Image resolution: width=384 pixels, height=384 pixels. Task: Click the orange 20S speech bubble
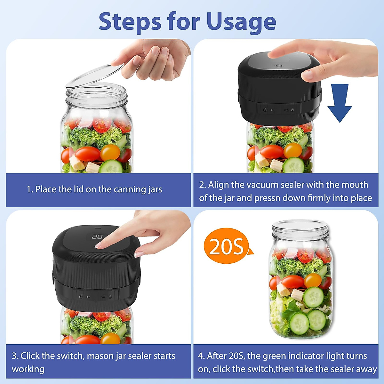pyautogui.click(x=226, y=246)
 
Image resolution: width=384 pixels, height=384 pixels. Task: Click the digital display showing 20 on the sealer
pyautogui.click(x=97, y=237)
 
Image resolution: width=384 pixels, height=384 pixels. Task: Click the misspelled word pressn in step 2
pyautogui.click(x=267, y=198)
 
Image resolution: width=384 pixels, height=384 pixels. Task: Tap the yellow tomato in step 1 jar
pyautogui.click(x=110, y=152)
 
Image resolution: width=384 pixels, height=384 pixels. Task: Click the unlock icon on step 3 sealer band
pyautogui.click(x=81, y=297)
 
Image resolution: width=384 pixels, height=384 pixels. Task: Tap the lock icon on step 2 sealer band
pyautogui.click(x=292, y=110)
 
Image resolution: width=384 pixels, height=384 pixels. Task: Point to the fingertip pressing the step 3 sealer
pyautogui.click(x=100, y=245)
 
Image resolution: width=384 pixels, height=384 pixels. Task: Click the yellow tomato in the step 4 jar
pyautogui.click(x=313, y=280)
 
